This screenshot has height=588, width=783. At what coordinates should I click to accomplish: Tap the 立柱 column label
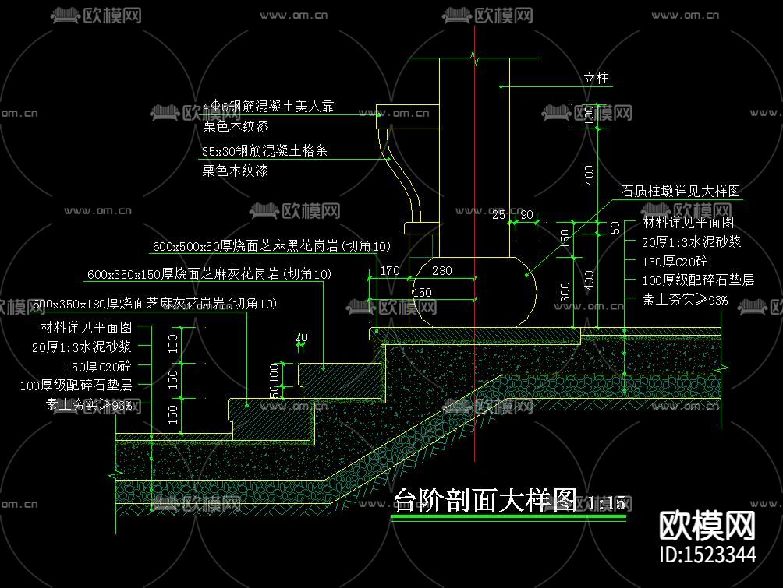point(596,79)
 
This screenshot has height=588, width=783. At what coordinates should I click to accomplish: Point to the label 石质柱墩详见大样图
point(680,190)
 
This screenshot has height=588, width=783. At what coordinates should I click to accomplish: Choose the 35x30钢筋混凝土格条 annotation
point(264,151)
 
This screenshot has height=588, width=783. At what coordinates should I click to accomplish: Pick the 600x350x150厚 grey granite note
point(209,274)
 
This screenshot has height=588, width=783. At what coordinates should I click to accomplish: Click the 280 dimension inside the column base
point(441,271)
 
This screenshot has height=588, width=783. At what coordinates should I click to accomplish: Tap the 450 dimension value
point(421,292)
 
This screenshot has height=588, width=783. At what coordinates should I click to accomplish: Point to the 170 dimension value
point(390,271)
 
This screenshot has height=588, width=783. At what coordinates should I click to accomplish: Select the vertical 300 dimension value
point(565,291)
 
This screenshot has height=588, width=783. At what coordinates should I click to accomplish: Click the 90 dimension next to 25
point(526,215)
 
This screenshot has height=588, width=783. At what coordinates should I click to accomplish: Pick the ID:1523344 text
point(707,555)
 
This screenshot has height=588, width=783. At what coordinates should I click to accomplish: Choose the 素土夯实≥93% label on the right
point(685,299)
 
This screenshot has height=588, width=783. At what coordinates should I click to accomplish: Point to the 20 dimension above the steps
point(301,337)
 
